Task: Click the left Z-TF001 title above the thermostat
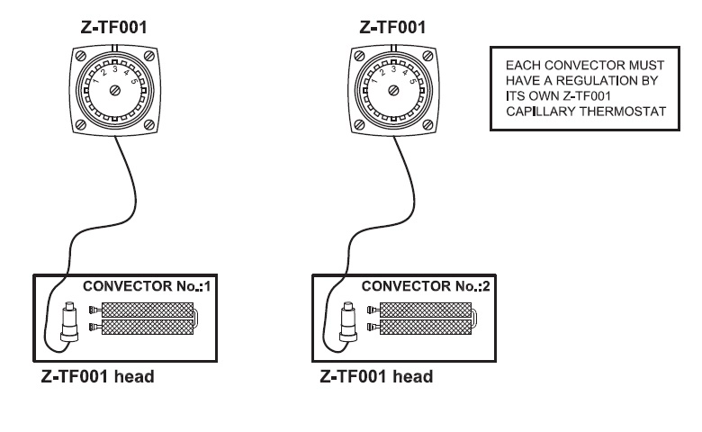point(113,27)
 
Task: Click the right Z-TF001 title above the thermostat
point(392,27)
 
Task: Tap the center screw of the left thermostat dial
point(115,91)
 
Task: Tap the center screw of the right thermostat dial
point(393,90)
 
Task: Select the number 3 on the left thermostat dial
point(115,69)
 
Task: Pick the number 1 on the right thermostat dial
point(374,81)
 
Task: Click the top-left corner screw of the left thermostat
point(81,56)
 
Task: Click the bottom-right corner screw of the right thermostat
point(428,124)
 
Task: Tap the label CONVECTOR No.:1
point(147,286)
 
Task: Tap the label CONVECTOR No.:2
point(426,286)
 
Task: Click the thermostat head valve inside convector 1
point(69,321)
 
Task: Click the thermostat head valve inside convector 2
point(348,321)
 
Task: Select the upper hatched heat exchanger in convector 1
point(148,310)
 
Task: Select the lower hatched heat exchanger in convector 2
point(426,328)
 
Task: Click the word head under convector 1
point(134,376)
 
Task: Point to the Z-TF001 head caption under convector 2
point(376,376)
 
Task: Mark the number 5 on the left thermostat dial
point(133,82)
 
